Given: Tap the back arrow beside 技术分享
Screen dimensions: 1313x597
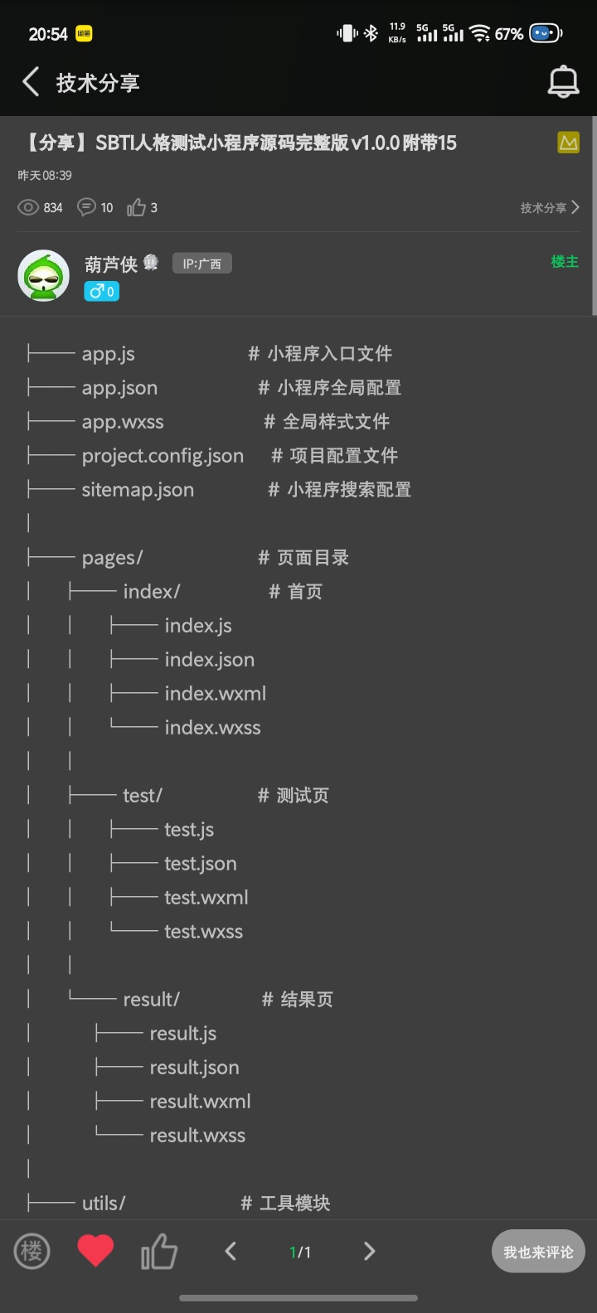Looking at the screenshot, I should [32, 82].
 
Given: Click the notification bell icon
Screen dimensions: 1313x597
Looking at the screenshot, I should [563, 82].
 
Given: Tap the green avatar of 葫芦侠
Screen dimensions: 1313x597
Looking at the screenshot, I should [43, 275].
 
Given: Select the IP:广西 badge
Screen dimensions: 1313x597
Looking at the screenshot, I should [201, 264].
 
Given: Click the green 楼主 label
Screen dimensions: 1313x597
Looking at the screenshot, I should [565, 262].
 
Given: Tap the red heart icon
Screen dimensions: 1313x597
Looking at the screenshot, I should [95, 1251].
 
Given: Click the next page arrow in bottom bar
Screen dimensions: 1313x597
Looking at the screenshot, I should [370, 1251].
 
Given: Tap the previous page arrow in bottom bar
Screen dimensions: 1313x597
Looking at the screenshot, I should [231, 1251].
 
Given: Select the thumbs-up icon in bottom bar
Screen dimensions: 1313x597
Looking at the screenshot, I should [158, 1251].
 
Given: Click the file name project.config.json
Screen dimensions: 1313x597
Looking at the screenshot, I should [163, 456].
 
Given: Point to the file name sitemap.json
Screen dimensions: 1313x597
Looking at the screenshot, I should [138, 490].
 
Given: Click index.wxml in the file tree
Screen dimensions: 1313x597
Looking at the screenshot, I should [215, 694].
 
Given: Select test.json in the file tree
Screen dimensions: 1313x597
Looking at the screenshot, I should [200, 864].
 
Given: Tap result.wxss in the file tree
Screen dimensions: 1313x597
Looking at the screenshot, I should [197, 1136].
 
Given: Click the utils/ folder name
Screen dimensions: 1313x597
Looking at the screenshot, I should [104, 1204].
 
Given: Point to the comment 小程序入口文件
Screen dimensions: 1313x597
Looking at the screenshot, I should [329, 354].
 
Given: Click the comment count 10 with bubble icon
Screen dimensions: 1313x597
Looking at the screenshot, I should [95, 208].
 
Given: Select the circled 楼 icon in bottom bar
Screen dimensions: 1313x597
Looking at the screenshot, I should [32, 1251].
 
